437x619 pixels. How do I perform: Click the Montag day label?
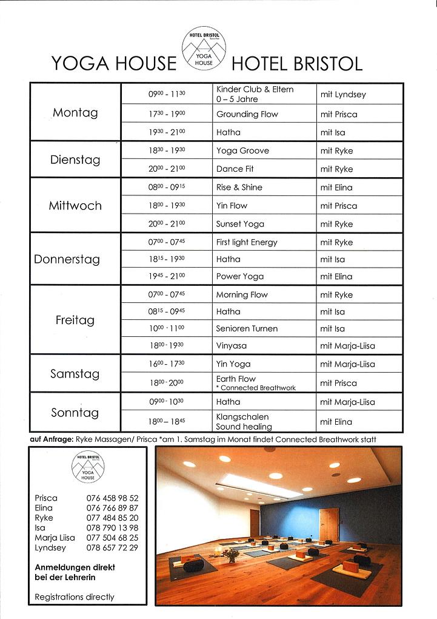(75, 112)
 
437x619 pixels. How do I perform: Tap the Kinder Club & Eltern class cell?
(255, 94)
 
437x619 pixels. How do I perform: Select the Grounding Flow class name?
(247, 114)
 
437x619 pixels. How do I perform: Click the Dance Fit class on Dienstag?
(235, 169)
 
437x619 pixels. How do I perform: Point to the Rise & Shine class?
(239, 188)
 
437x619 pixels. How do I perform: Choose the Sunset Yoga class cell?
(240, 224)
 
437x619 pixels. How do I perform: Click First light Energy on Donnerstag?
(247, 242)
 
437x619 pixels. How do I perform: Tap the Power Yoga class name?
(240, 276)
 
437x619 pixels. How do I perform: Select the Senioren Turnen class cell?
(247, 328)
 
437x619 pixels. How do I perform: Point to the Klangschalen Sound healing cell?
(244, 422)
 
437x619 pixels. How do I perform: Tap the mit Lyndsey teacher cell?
(343, 95)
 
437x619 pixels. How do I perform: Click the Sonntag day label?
(75, 413)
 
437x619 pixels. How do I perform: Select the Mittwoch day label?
(75, 206)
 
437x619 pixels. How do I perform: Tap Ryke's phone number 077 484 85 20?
(112, 518)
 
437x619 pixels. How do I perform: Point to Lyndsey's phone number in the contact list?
(112, 547)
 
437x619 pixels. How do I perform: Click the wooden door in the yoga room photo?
(329, 524)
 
